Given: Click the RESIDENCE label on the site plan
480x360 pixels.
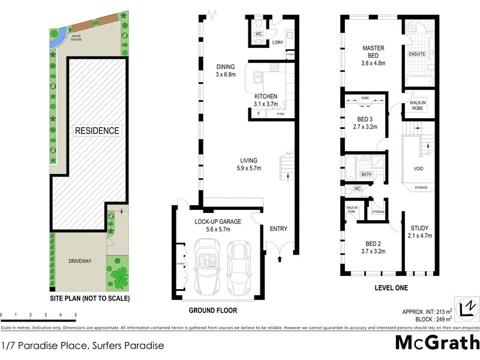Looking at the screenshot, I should click(97, 130).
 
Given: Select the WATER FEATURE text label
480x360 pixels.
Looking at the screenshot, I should click(77, 39).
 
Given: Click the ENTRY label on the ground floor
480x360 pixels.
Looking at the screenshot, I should click(278, 229).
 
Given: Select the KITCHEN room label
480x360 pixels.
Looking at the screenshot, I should click(265, 96).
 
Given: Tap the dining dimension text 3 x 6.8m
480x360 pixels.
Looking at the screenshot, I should click(226, 75).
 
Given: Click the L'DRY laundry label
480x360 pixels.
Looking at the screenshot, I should click(277, 43).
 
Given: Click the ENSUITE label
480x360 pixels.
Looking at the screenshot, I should click(417, 54).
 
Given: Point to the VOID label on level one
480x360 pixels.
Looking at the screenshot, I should click(418, 169).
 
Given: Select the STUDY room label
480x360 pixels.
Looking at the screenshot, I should click(419, 228).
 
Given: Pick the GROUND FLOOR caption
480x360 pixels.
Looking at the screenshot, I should click(213, 311).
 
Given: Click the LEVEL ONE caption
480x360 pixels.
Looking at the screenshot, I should click(391, 288).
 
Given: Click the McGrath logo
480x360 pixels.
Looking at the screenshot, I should click(437, 343).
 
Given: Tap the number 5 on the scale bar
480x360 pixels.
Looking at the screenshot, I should click(76, 314).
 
